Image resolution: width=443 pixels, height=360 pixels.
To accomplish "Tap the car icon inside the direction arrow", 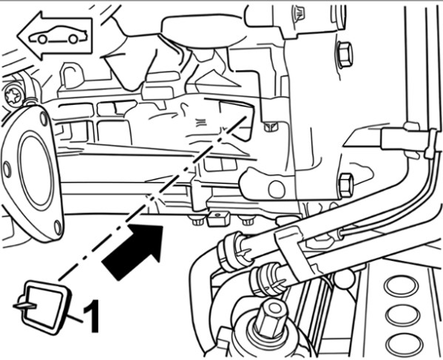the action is coord(58,35).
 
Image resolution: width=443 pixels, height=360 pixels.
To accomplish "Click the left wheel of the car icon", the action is coord(42,39).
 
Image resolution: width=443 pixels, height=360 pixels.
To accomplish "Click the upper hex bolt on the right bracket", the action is coord(345,55).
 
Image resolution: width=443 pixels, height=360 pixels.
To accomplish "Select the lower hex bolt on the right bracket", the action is coord(346,186).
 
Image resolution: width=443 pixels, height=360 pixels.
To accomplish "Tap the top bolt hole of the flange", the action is coord(44,119).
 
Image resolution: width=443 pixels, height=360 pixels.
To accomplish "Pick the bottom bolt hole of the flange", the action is coord(58,228).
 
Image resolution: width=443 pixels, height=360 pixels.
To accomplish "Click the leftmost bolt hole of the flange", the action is coord(7,169).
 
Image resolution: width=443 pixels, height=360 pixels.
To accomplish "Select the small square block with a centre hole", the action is coord(218,218).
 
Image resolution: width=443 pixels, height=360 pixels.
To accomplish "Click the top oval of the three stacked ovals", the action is coord(401,286).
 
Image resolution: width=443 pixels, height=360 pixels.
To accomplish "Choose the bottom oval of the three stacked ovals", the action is coord(405,344).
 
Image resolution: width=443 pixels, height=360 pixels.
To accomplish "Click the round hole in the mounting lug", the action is coord(277,189).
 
